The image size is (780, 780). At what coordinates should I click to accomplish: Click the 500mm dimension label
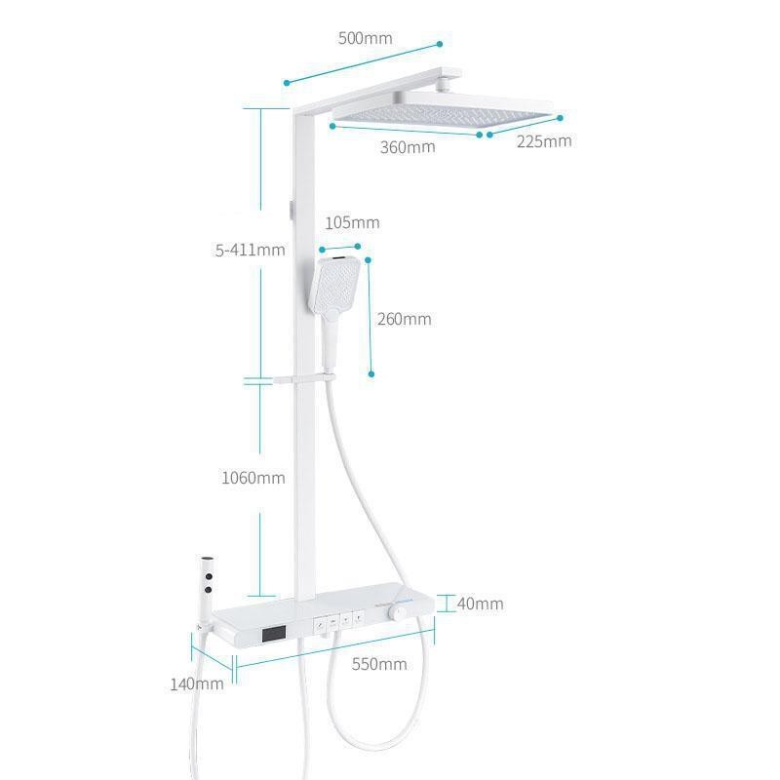(365, 38)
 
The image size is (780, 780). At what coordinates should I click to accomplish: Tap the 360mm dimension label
(408, 147)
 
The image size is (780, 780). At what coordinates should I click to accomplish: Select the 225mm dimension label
(544, 141)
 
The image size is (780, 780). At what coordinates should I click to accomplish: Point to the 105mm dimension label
(352, 222)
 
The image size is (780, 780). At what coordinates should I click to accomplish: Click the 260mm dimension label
(404, 319)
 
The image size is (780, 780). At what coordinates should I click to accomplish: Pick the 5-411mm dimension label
(251, 250)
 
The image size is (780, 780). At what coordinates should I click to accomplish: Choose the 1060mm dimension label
(253, 478)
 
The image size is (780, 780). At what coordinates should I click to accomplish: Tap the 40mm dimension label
(480, 604)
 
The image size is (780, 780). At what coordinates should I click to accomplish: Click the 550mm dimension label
(379, 664)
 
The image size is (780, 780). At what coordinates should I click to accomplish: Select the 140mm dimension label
(197, 684)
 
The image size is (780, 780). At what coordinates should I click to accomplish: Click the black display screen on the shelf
(274, 634)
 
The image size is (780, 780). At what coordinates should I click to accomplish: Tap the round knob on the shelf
(398, 612)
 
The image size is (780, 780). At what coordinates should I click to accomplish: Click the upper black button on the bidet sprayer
(209, 576)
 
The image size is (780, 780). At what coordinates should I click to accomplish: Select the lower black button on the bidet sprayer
(208, 590)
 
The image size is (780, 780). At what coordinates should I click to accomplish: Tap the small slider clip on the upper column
(292, 210)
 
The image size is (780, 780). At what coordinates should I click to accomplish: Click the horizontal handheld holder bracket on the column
(304, 379)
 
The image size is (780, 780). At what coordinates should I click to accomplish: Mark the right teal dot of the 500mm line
(440, 44)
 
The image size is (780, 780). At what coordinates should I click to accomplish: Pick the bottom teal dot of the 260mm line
(371, 374)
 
